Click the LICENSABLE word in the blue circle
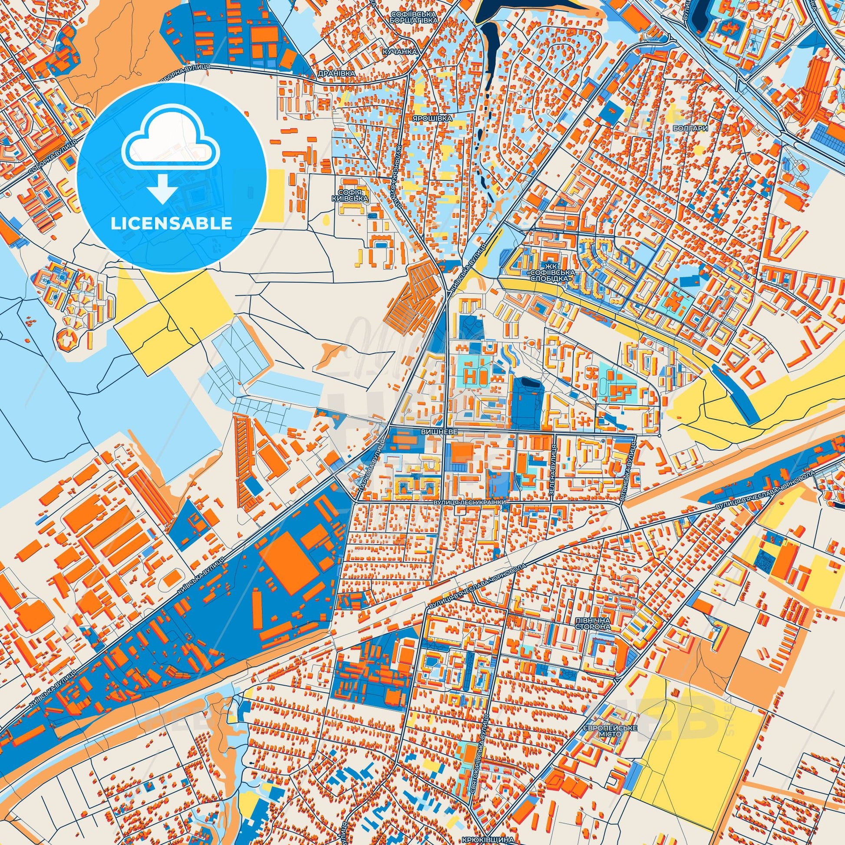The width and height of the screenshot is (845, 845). coord(171,224)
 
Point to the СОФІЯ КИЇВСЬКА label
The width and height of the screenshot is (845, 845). coord(355,195)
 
